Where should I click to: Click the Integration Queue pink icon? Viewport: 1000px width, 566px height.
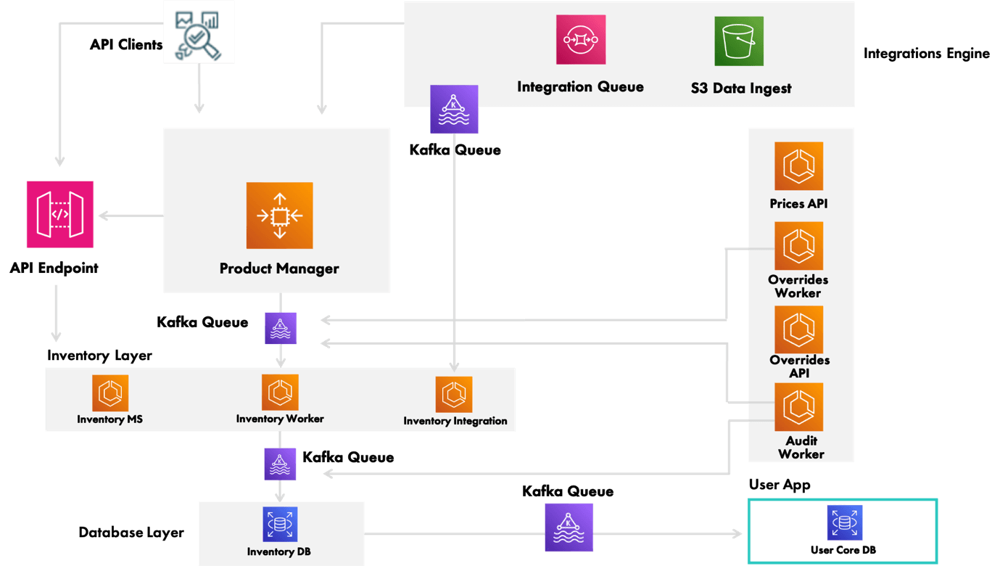(x=581, y=39)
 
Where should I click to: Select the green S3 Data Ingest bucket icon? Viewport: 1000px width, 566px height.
(x=739, y=41)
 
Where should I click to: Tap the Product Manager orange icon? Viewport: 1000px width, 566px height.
(x=279, y=216)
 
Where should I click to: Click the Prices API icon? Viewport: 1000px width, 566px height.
(x=798, y=165)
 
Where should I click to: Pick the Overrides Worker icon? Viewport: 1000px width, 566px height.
(x=798, y=246)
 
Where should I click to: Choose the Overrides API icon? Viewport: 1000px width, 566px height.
(x=798, y=329)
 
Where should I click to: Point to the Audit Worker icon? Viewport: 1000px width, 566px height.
(x=798, y=407)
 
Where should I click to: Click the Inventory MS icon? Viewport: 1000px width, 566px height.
(x=110, y=393)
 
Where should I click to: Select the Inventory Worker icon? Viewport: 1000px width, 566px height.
(x=280, y=393)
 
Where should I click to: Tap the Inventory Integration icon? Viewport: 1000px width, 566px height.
(x=454, y=394)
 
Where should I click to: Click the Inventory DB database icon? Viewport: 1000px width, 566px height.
(x=280, y=524)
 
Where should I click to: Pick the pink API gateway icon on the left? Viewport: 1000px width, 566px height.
(x=59, y=215)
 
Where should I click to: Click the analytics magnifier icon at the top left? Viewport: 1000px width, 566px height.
(x=199, y=32)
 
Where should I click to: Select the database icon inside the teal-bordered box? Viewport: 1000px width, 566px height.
(x=844, y=522)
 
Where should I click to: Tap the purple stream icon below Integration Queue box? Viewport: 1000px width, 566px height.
(x=454, y=110)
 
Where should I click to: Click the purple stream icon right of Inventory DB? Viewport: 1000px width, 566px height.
(x=569, y=528)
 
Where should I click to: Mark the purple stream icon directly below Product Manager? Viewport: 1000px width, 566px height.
(x=280, y=328)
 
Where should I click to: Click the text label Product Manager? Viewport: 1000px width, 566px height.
(x=279, y=268)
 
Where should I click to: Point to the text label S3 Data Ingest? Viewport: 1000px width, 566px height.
(x=740, y=89)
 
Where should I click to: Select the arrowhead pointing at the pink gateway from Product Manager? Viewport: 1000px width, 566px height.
(x=103, y=216)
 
